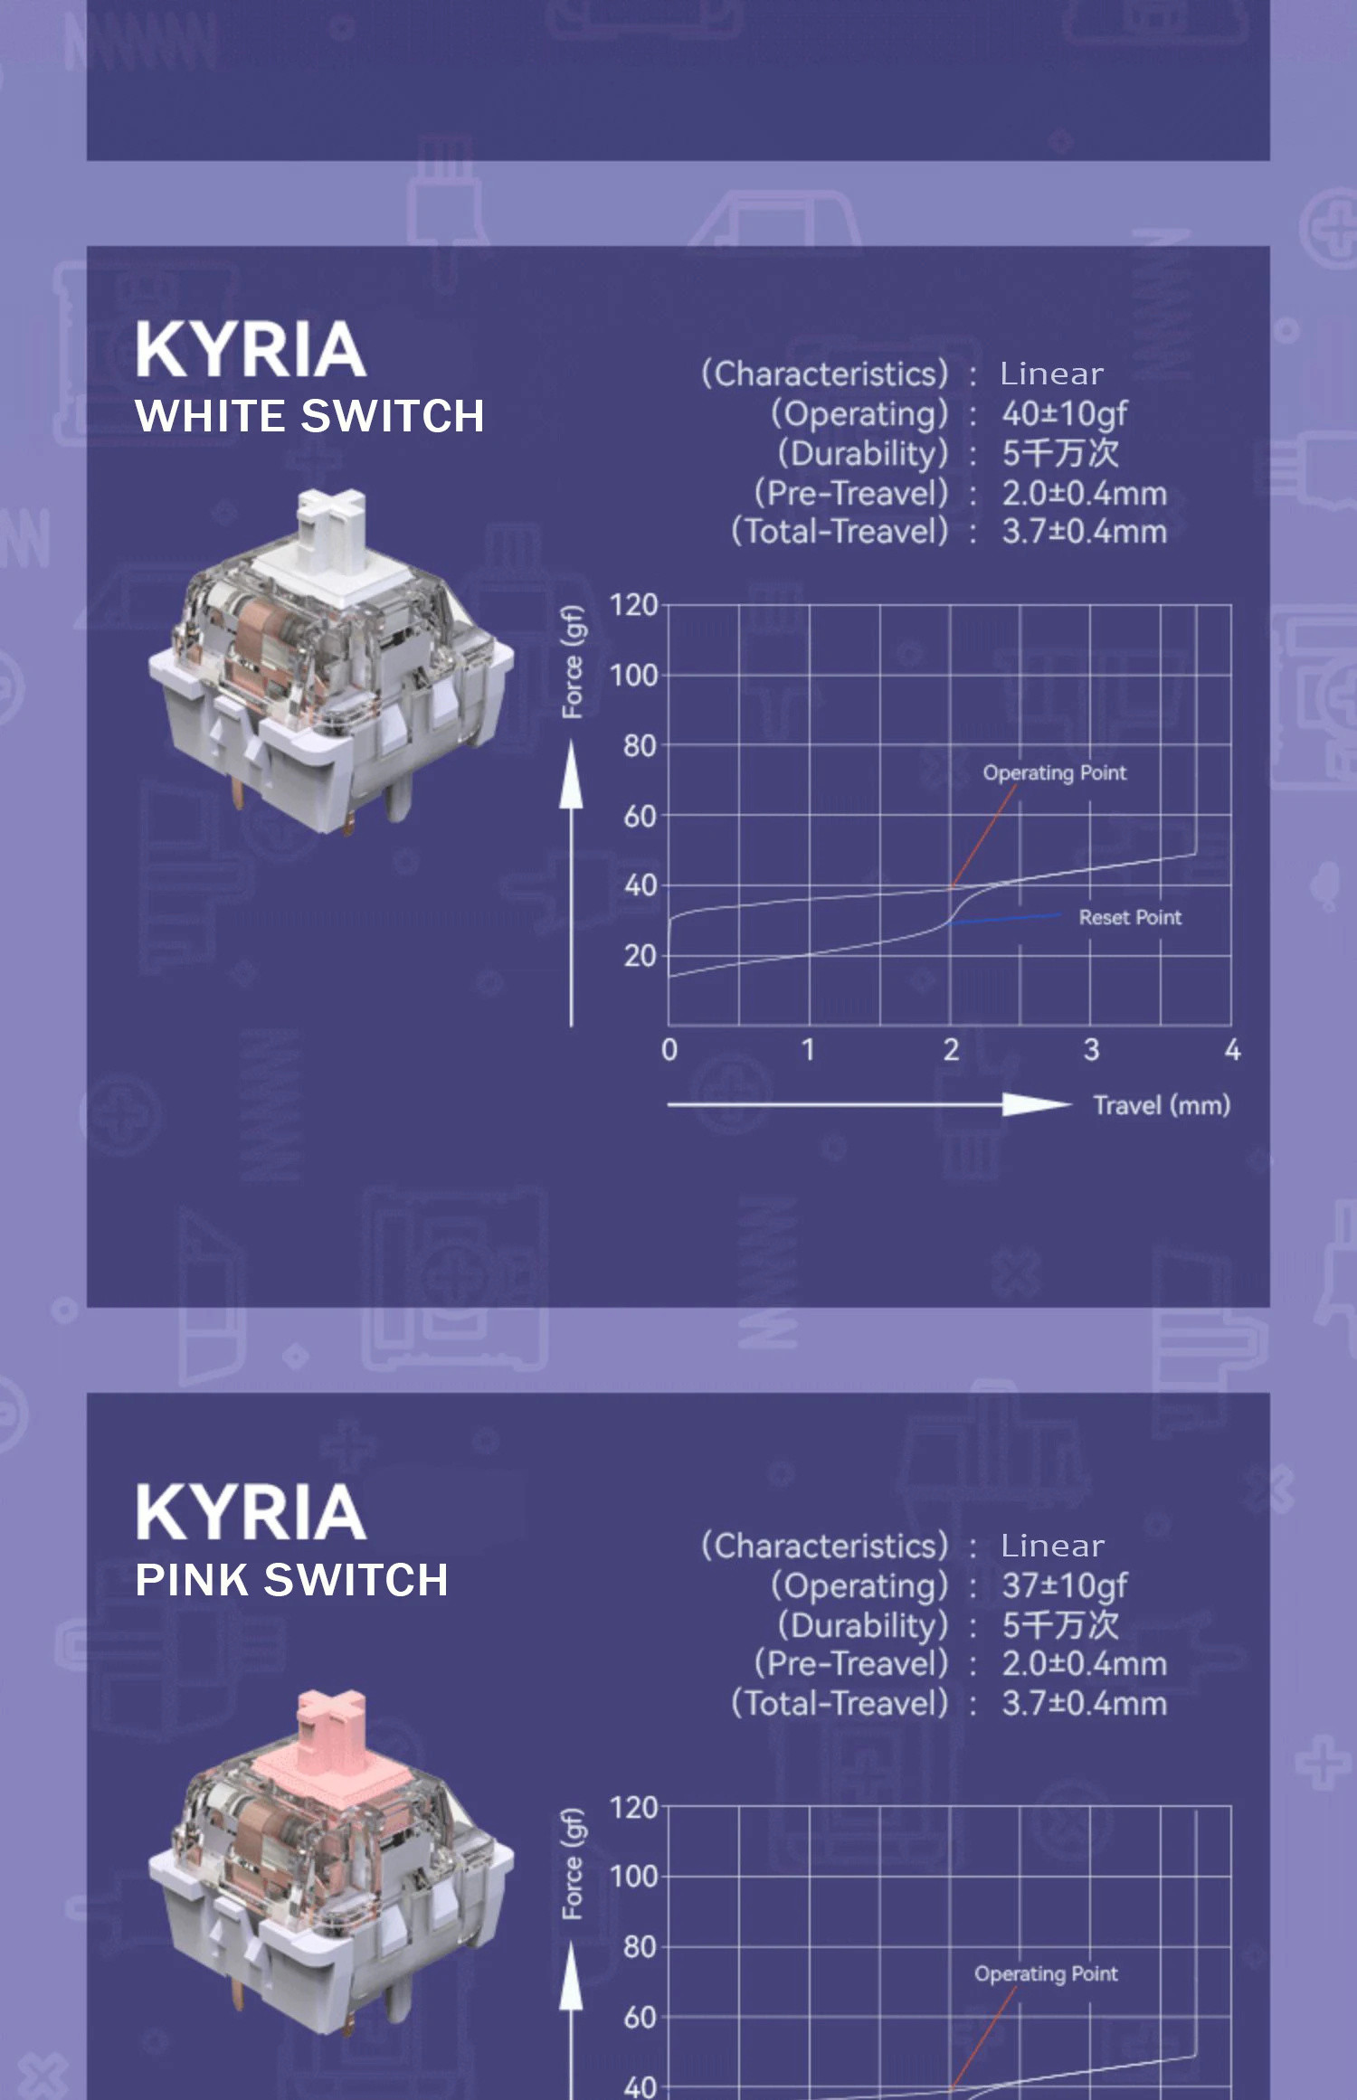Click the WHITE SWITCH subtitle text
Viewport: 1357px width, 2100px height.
click(309, 417)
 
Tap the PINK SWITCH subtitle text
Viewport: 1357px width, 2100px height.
click(291, 1581)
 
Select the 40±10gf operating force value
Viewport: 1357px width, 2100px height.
click(1064, 414)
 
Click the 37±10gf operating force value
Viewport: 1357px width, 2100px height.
click(1064, 1585)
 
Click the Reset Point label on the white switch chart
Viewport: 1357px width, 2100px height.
click(1130, 918)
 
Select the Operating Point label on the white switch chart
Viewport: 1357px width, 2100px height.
click(1055, 773)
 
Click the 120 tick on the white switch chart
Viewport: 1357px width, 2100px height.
click(633, 605)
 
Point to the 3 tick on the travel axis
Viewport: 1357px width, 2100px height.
click(1091, 1050)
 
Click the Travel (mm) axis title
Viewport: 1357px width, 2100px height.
click(1162, 1105)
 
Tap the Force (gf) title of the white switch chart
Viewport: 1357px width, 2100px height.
click(573, 662)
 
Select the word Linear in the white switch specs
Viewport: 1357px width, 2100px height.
click(1051, 374)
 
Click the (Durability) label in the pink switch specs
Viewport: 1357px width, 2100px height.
click(863, 1625)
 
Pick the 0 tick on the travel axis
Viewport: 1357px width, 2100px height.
click(669, 1050)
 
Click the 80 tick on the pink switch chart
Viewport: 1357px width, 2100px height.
click(639, 1947)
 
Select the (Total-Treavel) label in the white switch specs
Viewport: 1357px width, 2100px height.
click(840, 532)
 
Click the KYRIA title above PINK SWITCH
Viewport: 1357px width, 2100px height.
click(251, 1512)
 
